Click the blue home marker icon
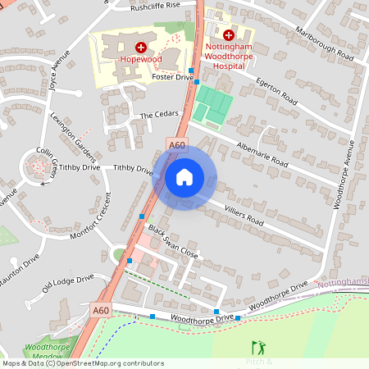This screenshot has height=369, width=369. coord(184,177)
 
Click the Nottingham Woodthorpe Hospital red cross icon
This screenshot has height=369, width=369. coord(228,36)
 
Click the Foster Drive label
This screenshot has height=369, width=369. coord(172,76)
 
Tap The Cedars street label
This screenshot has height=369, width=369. coord(158,116)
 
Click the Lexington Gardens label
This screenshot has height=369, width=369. coord(74,135)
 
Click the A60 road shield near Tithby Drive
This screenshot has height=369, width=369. coord(177,146)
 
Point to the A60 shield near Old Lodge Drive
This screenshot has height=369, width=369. coord(100,310)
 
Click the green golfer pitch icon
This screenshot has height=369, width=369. coord(260,348)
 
